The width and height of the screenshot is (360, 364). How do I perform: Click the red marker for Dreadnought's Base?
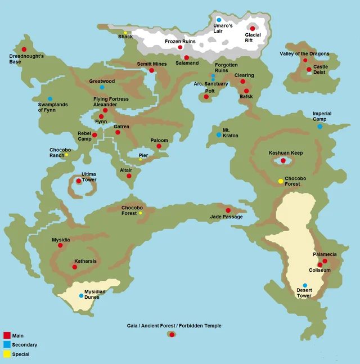24,50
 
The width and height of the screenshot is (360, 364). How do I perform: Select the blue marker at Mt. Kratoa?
219,135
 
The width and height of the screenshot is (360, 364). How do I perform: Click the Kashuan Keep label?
286,153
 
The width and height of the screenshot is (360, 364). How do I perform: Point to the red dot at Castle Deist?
309,70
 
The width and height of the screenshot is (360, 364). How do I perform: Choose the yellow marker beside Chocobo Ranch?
66,155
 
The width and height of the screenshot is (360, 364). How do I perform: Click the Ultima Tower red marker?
79,181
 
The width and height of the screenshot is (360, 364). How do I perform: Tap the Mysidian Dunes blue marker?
81,295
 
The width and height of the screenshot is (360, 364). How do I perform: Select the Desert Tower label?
304,293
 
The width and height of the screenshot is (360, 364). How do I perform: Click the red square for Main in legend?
7,335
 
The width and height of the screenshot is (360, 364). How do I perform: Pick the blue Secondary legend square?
7,344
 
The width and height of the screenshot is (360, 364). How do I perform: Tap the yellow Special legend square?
7,354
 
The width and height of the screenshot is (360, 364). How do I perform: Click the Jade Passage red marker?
228,210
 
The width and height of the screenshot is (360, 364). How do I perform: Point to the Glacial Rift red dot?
253,29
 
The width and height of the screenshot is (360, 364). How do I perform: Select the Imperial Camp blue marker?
319,127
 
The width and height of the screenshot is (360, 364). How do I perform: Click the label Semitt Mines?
152,64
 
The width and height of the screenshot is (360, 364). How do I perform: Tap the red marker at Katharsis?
75,267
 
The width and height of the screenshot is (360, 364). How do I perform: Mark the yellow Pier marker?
141,160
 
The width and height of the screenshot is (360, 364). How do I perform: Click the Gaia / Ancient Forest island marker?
172,335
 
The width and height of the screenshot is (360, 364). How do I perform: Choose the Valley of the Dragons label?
304,54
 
